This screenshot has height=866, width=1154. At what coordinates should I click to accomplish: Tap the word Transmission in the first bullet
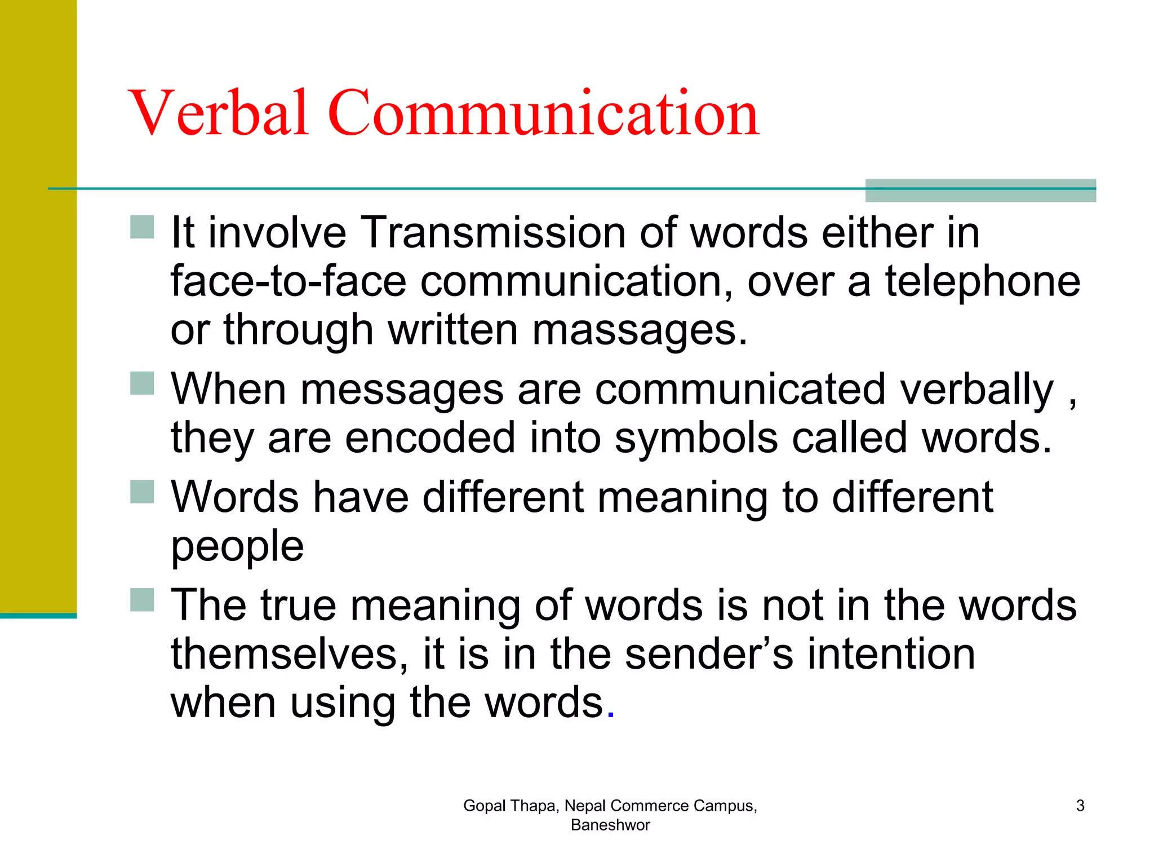492,232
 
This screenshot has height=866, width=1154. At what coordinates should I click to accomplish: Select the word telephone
982,281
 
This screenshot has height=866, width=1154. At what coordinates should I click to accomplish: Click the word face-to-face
288,281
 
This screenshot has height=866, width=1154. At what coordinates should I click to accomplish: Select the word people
237,546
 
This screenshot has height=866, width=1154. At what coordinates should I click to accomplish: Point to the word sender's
709,654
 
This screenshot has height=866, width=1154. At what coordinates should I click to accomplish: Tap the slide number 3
1080,806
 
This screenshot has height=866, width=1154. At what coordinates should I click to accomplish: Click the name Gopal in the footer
485,806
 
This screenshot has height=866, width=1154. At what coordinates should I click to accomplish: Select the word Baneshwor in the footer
610,825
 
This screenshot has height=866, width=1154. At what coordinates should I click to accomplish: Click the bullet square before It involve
142,227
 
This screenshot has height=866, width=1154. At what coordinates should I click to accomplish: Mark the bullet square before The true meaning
142,600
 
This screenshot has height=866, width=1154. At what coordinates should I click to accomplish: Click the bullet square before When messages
142,383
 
